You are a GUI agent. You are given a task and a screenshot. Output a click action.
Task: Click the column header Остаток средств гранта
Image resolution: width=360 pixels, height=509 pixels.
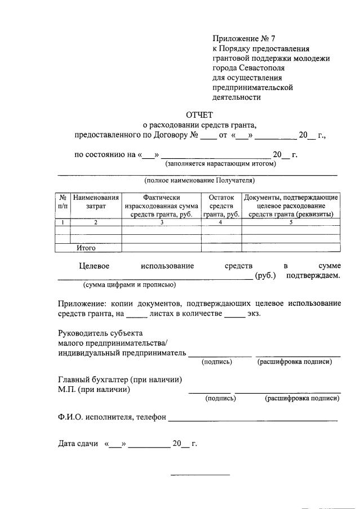pyautogui.click(x=221, y=206)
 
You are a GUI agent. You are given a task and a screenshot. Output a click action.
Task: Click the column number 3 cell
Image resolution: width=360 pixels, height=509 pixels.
pyautogui.click(x=161, y=222)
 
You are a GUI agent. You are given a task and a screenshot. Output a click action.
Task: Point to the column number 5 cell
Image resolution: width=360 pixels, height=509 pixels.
pyautogui.click(x=291, y=222)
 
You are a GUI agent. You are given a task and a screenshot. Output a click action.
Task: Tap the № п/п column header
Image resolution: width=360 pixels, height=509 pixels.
pyautogui.click(x=63, y=202)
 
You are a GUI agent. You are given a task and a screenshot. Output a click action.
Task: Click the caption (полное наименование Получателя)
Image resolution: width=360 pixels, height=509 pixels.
pyautogui.click(x=199, y=181)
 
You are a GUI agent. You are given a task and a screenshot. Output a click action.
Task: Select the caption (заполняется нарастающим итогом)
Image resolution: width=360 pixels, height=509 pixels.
pyautogui.click(x=220, y=164)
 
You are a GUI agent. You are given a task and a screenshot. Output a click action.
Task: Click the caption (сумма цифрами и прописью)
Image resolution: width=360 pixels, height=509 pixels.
pyautogui.click(x=130, y=285)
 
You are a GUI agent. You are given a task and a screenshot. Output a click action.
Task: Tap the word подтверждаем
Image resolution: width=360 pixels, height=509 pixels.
pyautogui.click(x=313, y=275)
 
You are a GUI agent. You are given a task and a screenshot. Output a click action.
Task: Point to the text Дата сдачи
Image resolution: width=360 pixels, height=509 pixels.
pyautogui.click(x=78, y=444)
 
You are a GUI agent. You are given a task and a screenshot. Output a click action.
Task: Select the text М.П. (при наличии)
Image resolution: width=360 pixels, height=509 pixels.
pyautogui.click(x=94, y=389)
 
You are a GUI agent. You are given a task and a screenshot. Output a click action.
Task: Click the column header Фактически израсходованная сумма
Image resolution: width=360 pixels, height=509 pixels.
pyautogui.click(x=161, y=206)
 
